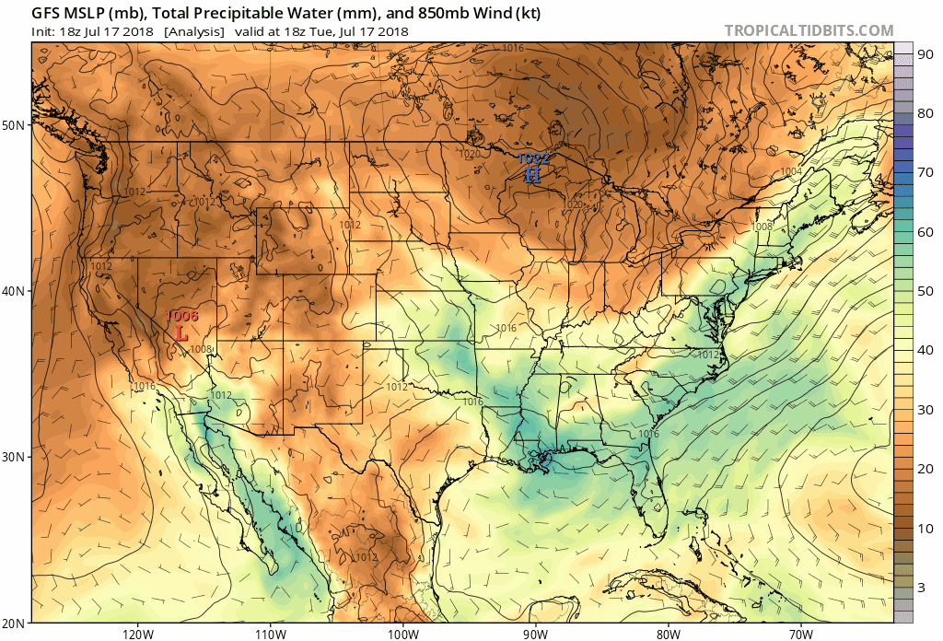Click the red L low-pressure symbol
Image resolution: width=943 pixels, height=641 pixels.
[x=181, y=335]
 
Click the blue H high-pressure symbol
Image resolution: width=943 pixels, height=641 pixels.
[x=532, y=173]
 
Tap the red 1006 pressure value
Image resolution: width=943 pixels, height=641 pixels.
[x=181, y=317]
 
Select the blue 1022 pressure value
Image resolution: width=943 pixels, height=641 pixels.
[x=532, y=158]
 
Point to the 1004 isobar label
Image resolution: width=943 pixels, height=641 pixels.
[x=790, y=172]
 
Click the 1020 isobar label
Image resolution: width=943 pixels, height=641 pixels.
[x=470, y=155]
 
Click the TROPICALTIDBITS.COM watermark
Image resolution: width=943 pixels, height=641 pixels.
[x=809, y=30]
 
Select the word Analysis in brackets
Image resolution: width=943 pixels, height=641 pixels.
[x=194, y=31]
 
